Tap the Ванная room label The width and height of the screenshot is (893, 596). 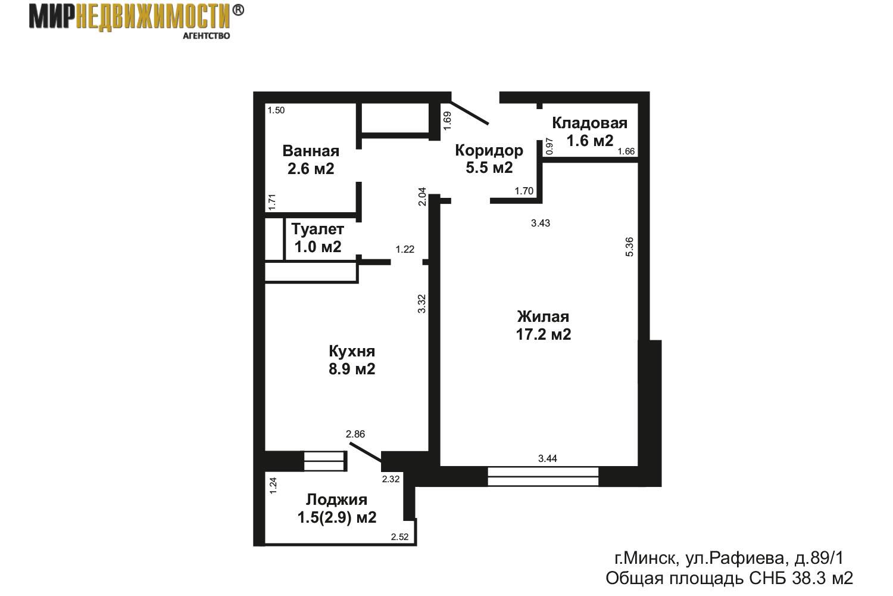point(311,160)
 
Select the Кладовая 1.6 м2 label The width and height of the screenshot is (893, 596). point(589,132)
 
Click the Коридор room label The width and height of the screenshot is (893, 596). point(489,159)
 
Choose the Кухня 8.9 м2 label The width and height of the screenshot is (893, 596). point(352,359)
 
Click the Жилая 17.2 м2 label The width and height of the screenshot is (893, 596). point(543,325)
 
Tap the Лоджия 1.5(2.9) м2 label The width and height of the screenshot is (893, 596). point(336,508)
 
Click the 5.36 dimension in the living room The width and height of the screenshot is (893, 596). point(630,247)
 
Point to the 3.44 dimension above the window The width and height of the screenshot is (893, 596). point(548,458)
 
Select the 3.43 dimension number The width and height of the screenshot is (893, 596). point(541,223)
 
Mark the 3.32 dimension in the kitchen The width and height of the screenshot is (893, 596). point(421,303)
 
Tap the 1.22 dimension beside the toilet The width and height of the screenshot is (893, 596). point(405,250)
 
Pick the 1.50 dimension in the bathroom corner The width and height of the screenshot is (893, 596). point(276,110)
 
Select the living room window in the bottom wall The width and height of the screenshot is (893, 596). point(542,476)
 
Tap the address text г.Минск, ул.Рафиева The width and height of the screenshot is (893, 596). point(729,558)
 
